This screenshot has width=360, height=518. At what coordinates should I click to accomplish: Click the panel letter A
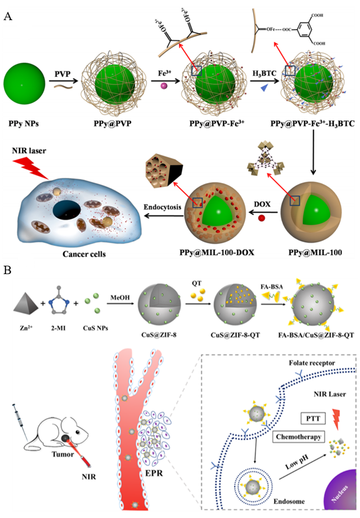(8, 16)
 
